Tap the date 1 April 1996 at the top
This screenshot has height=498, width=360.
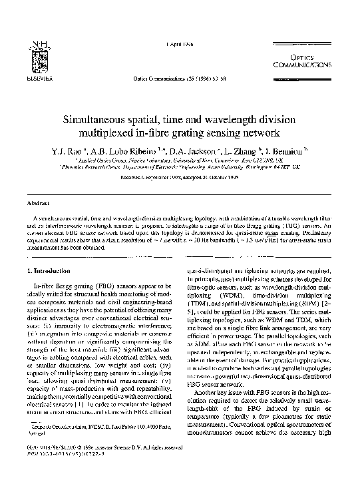click(180, 43)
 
